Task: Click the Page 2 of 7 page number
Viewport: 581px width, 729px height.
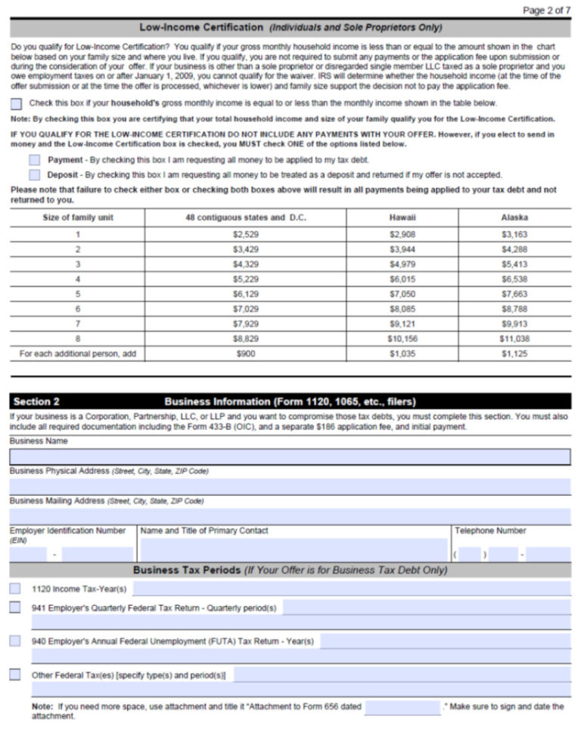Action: [x=546, y=10]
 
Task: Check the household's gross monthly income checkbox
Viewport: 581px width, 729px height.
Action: [x=16, y=103]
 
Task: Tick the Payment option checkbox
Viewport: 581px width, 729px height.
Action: [x=34, y=160]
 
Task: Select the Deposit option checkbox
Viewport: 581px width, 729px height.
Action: [x=34, y=175]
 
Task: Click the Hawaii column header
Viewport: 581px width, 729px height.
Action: [x=402, y=218]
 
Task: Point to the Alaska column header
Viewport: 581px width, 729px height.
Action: [x=514, y=218]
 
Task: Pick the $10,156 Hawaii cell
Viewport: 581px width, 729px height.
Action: [x=402, y=338]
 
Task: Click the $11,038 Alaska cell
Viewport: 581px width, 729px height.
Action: [x=514, y=338]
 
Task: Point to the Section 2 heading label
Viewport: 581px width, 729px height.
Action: [x=36, y=401]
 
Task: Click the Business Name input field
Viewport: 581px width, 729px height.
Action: [x=290, y=457]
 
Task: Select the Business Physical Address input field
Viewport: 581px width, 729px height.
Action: [x=290, y=487]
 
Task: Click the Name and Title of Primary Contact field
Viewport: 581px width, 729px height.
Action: [x=294, y=550]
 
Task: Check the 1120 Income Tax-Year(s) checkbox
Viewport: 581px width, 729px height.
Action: [x=15, y=588]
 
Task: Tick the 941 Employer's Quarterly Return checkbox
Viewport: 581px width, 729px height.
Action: [x=15, y=607]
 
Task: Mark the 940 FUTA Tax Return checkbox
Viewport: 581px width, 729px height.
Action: [x=15, y=641]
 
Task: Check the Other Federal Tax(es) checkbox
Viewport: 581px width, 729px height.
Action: [x=15, y=675]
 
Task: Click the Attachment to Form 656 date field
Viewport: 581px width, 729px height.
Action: [x=402, y=707]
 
